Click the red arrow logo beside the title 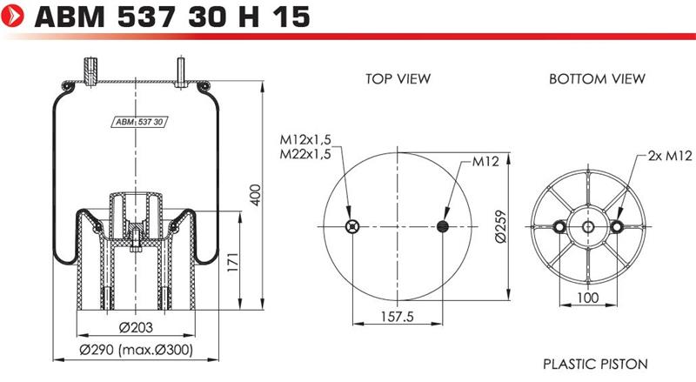tap(13, 16)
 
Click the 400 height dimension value tap(255, 195)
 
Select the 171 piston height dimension tap(232, 262)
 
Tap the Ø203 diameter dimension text tap(136, 327)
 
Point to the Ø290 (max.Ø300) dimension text tap(137, 350)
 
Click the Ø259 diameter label tap(500, 226)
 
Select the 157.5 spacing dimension tap(398, 317)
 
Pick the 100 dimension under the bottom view tap(587, 298)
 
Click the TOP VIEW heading tap(398, 79)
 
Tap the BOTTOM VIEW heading tap(597, 79)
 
